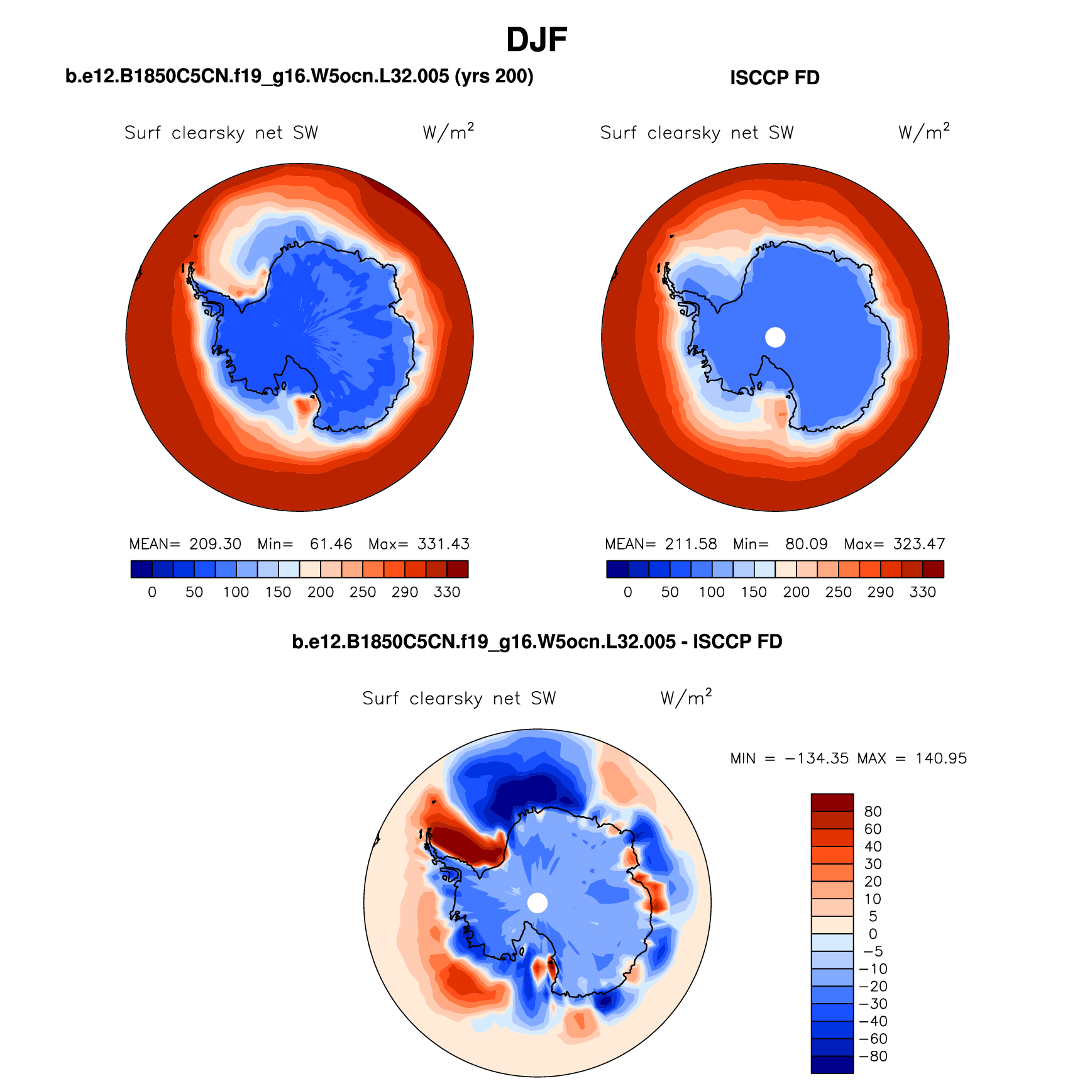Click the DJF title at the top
(x=536, y=40)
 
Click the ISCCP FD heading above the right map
(x=775, y=78)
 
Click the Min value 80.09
(x=806, y=544)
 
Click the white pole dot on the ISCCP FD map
(x=775, y=337)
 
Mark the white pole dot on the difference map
(x=537, y=903)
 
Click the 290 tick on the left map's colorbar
(x=404, y=592)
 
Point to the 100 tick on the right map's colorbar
(x=712, y=592)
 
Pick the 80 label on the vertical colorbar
(x=873, y=812)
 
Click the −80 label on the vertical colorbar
(x=873, y=1056)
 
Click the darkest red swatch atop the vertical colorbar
(x=832, y=802)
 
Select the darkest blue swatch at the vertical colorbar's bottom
(x=832, y=1065)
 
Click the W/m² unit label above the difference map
(x=686, y=697)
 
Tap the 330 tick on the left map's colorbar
(x=446, y=592)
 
